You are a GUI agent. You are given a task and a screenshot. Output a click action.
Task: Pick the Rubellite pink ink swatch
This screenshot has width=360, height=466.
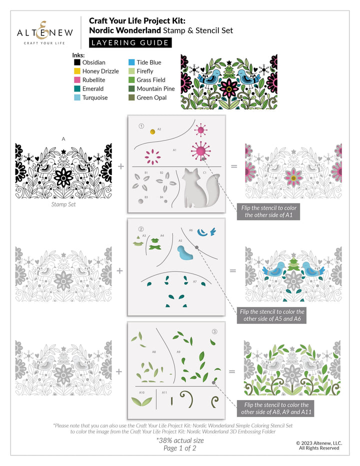(77, 80)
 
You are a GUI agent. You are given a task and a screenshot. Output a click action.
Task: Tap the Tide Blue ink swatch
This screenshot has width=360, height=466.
(132, 62)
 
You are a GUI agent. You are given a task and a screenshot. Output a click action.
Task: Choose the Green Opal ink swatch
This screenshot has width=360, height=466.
(132, 97)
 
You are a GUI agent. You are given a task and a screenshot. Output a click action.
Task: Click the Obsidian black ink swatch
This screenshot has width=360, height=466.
(77, 62)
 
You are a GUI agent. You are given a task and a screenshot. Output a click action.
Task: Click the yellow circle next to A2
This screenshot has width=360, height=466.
(152, 132)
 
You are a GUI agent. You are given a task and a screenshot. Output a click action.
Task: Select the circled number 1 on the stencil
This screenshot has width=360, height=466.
(141, 126)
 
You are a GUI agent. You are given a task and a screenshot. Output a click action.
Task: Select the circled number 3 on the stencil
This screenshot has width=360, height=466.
(214, 331)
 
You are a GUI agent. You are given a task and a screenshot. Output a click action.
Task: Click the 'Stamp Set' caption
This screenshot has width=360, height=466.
(64, 204)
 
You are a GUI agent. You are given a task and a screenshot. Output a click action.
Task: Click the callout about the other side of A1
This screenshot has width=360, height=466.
(272, 210)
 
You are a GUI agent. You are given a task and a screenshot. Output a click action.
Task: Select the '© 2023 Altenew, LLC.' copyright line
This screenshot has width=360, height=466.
(319, 442)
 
